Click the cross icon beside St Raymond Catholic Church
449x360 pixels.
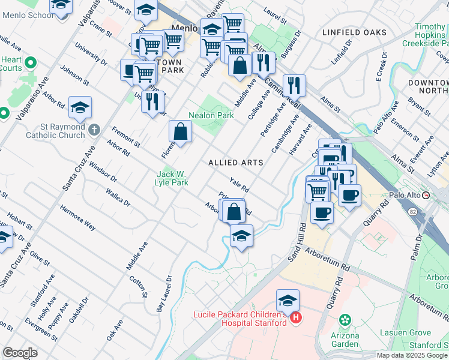(94, 129)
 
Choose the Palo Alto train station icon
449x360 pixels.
(426, 196)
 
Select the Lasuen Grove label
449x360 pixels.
(406, 332)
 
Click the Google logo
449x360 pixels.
(20, 352)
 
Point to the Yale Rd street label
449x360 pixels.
(240, 184)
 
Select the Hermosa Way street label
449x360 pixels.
(77, 218)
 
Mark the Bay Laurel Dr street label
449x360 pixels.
(164, 293)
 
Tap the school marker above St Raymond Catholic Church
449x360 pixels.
(80, 108)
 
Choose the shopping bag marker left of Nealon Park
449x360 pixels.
(180, 131)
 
